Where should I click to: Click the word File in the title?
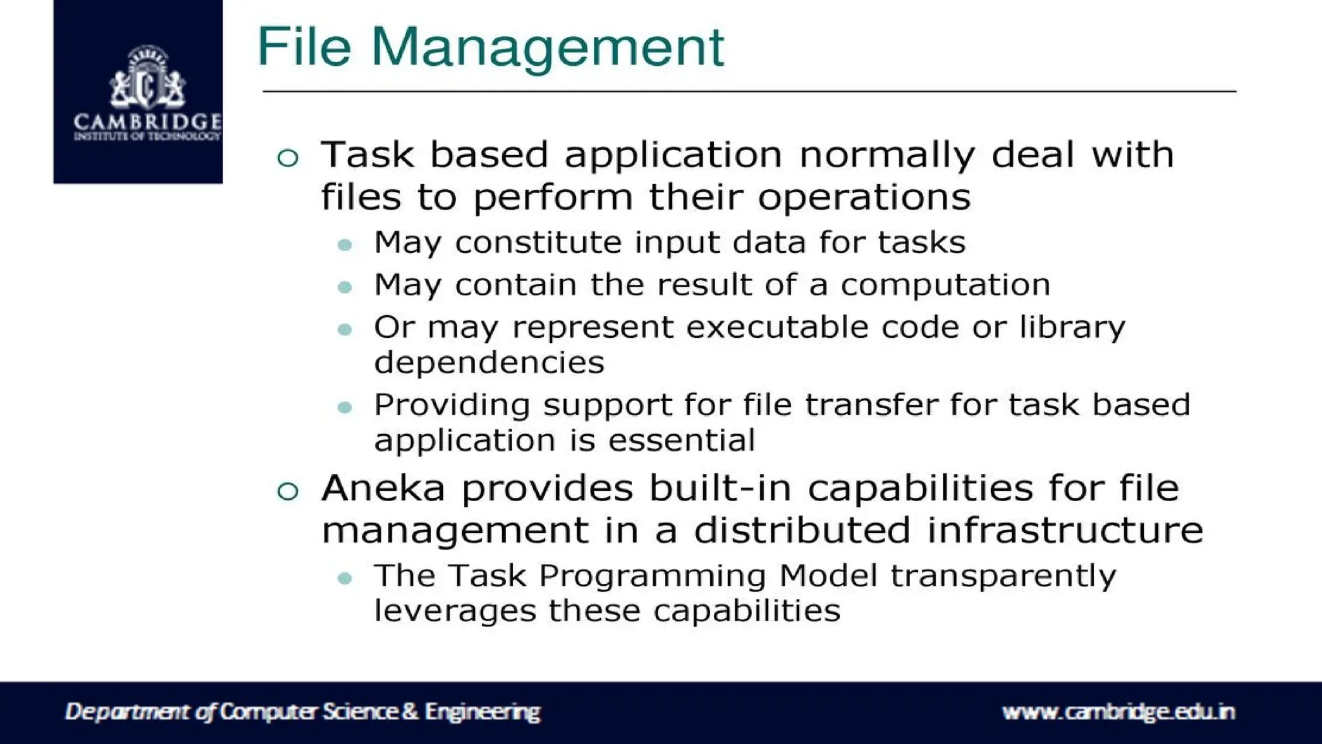tap(303, 47)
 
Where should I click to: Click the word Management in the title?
tap(547, 47)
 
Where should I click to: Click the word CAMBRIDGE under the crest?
tap(148, 122)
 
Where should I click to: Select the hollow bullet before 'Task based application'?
tap(288, 158)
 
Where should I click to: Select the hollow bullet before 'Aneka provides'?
tap(288, 491)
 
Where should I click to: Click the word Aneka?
tap(383, 488)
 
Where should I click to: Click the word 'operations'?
tap(864, 197)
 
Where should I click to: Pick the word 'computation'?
tap(945, 285)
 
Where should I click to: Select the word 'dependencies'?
tap(489, 362)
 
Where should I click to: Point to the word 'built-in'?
tap(720, 488)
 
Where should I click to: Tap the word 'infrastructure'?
tap(1064, 530)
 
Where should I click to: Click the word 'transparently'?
tap(1003, 576)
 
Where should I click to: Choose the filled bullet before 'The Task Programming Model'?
tap(345, 578)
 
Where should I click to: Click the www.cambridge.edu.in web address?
tap(1118, 712)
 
